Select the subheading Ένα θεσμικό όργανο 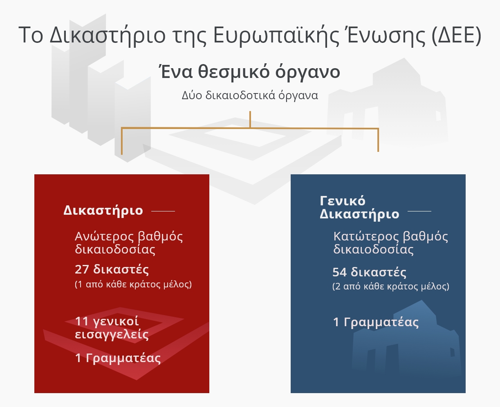249,72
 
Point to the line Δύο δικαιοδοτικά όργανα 250,96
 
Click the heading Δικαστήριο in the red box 103,211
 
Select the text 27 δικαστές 112,269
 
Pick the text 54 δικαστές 369,272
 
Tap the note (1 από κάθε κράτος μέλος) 133,285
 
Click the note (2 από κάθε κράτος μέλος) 391,287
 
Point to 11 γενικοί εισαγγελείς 112,328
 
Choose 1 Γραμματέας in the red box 118,358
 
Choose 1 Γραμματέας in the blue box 376,322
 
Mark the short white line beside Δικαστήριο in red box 163,211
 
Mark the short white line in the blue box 419,211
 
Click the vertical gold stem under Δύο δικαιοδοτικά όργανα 250,119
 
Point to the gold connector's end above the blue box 378,149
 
